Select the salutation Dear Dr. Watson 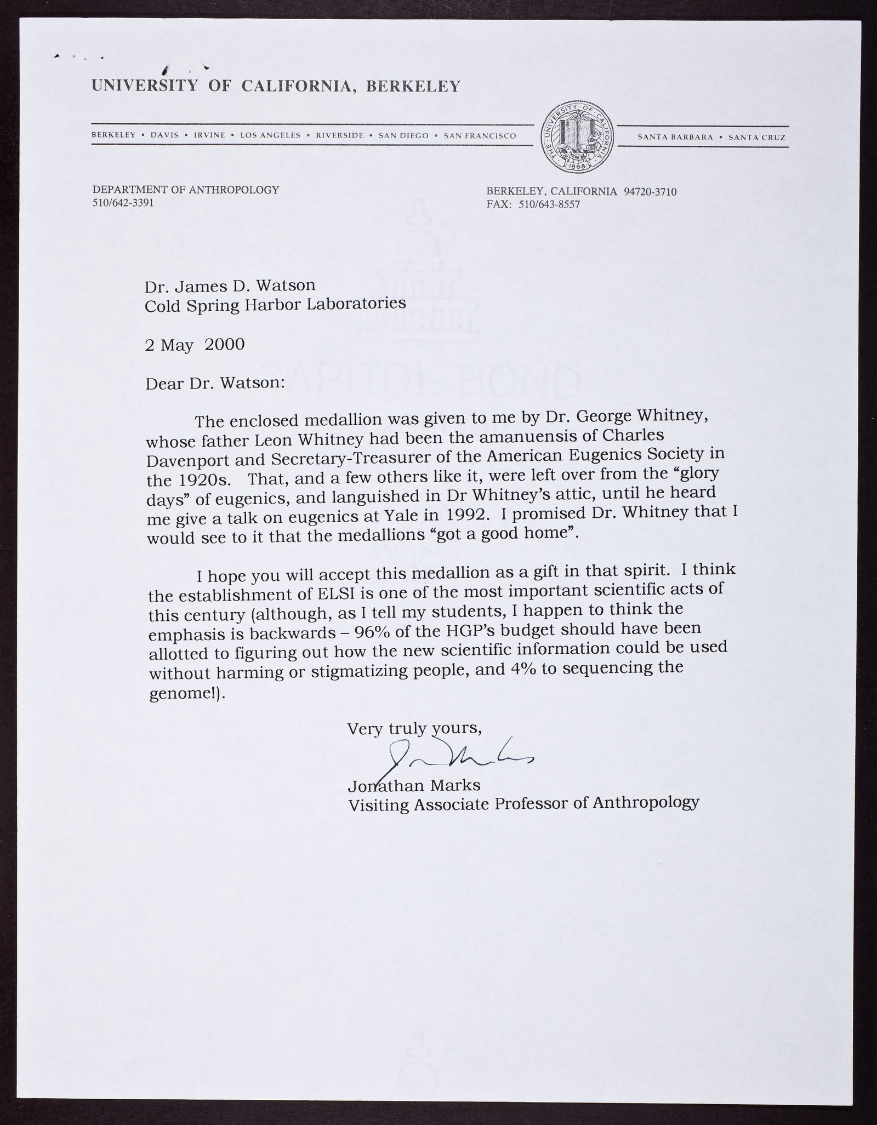[x=215, y=382]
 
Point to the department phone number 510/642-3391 [x=123, y=202]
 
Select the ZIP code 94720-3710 [x=650, y=191]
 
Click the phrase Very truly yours [x=415, y=728]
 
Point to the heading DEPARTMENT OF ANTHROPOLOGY [x=186, y=190]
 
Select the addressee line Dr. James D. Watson [x=230, y=285]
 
